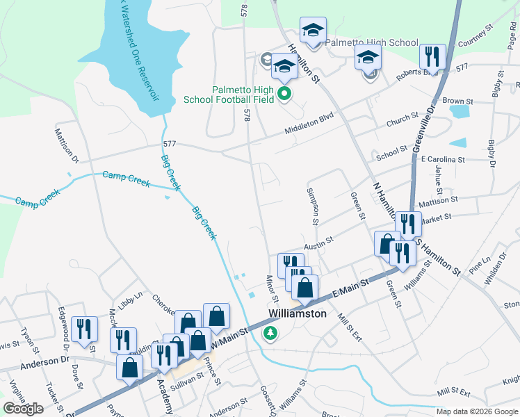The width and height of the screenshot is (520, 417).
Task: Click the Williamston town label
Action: (x=298, y=314)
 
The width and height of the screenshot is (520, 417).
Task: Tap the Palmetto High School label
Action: (x=372, y=42)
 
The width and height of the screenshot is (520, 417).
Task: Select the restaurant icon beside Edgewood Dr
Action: (x=84, y=331)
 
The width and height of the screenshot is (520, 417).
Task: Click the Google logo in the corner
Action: (x=23, y=409)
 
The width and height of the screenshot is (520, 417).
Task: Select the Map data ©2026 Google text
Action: (x=477, y=411)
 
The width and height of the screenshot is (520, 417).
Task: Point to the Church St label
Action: (x=403, y=119)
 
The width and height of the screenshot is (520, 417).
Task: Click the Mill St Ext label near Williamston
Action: (x=350, y=329)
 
